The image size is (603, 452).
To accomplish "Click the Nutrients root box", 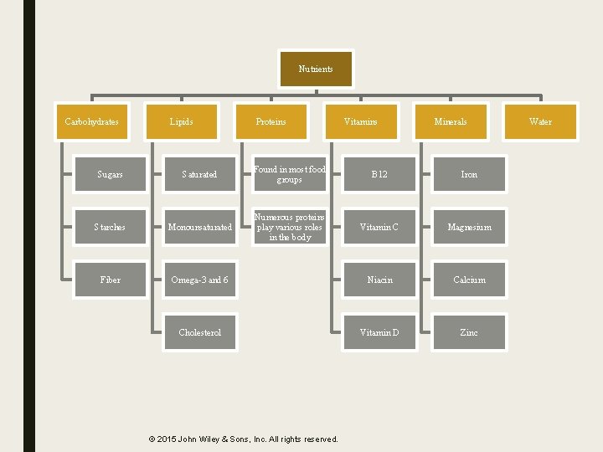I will pos(316,69).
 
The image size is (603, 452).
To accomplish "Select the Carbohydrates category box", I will pos(91,121).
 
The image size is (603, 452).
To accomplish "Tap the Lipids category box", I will pos(181,121).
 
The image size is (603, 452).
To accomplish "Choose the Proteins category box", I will pos(271,121).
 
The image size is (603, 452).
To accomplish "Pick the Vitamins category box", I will pos(361,121).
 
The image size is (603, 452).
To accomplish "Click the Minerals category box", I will pos(451,121).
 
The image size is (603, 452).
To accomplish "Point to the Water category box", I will pos(540,121).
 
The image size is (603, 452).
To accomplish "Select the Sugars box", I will pos(110,174).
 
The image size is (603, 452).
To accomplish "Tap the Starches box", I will pos(110,227).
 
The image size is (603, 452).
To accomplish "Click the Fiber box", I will pos(110,280).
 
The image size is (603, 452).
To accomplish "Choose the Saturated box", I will pos(200,174).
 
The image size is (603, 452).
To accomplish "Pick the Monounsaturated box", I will pos(200,227).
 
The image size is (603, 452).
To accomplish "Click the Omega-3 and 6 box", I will pos(200,280).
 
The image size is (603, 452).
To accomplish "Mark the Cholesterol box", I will pos(200,332).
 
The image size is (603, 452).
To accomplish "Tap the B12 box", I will pos(379,174).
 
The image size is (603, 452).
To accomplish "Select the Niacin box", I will pos(379,280).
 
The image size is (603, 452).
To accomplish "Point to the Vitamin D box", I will pos(379,332).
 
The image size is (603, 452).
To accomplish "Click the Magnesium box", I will pos(469,227).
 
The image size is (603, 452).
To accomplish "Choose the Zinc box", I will pos(469,332).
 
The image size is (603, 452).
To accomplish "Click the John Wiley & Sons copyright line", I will pos(243,439).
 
